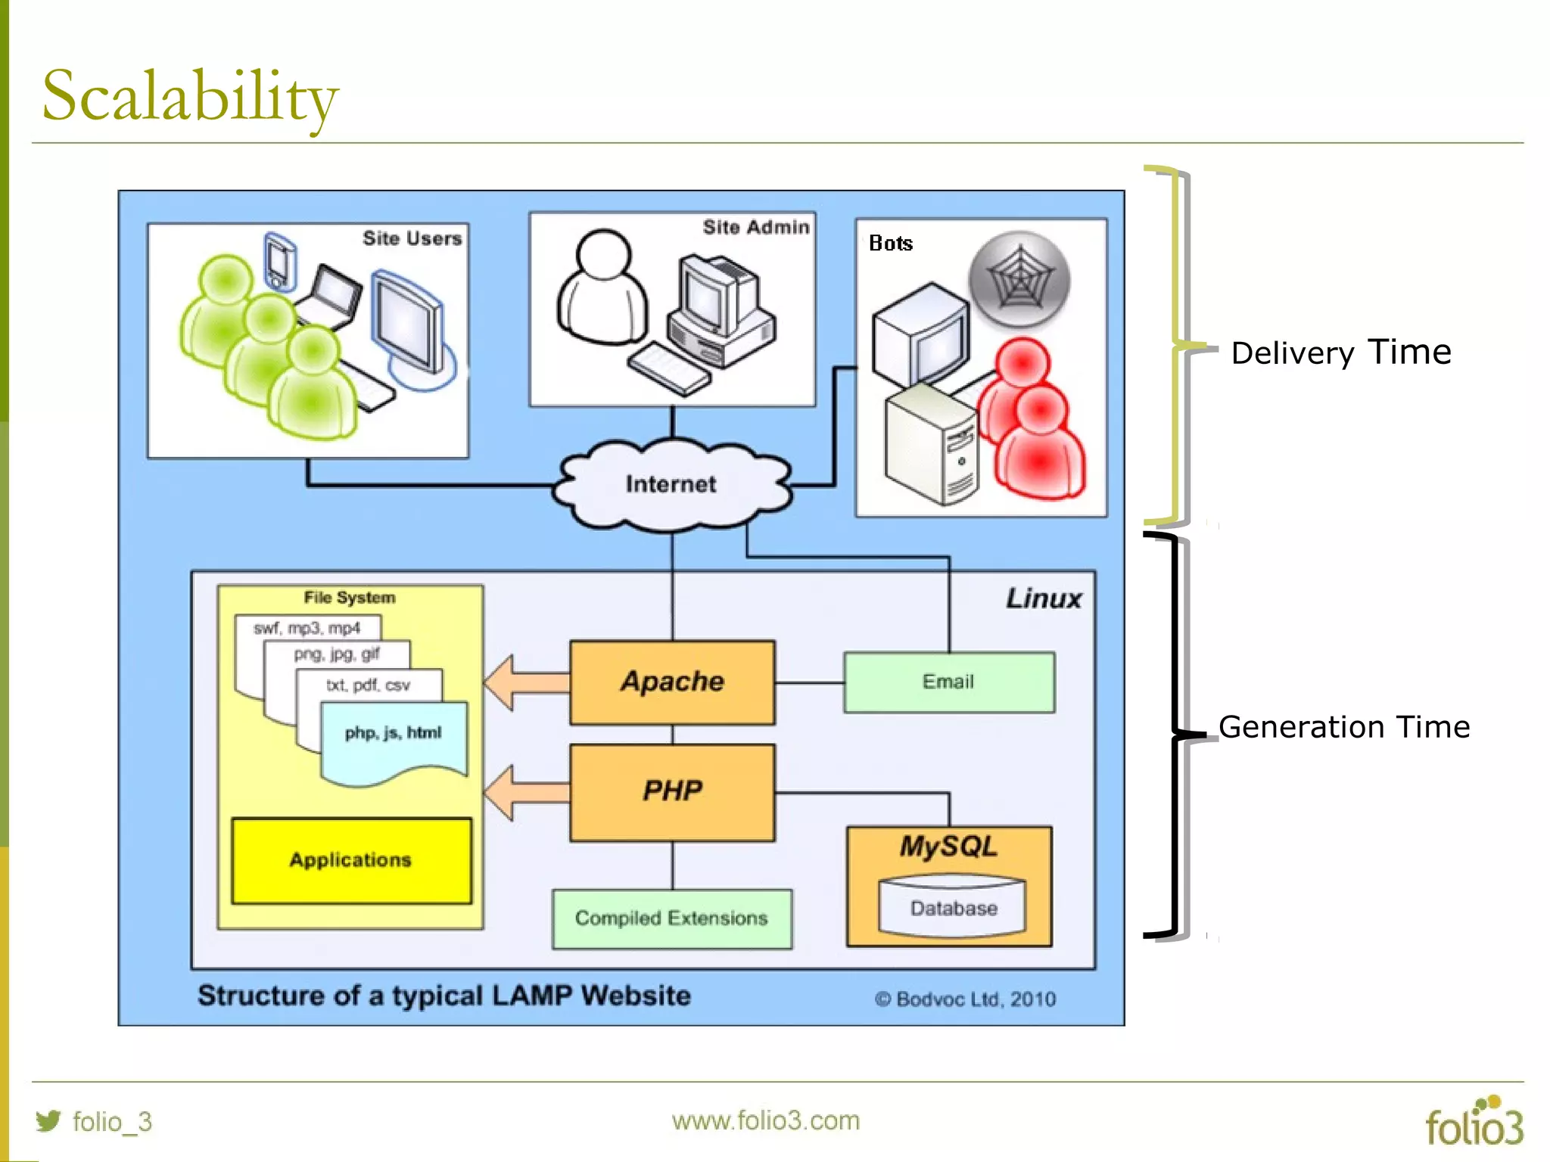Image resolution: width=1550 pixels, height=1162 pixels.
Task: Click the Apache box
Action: point(672,682)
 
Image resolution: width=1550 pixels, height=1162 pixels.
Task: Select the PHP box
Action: point(672,792)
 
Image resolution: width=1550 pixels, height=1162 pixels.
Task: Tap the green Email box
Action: point(948,682)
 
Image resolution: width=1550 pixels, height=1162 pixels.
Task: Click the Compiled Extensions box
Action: point(671,918)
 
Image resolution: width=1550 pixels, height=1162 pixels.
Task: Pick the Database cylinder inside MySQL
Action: point(952,907)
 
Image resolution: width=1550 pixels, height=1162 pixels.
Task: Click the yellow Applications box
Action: point(351,860)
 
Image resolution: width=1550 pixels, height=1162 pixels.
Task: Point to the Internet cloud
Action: point(671,484)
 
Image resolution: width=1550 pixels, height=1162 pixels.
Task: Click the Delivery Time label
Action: point(1340,353)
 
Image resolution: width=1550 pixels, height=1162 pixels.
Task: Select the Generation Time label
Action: point(1343,727)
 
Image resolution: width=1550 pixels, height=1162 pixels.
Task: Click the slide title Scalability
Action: point(190,97)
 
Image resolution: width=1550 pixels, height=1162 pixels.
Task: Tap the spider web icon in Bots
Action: point(1019,279)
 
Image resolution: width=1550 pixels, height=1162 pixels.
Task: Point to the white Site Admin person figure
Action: point(602,291)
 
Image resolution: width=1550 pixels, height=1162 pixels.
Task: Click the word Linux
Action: point(1043,598)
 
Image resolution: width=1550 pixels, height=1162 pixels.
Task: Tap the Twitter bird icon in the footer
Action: point(48,1120)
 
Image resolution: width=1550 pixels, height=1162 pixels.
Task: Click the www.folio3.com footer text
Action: point(765,1120)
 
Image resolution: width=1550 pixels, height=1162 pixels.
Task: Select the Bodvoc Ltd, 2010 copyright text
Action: point(965,999)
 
